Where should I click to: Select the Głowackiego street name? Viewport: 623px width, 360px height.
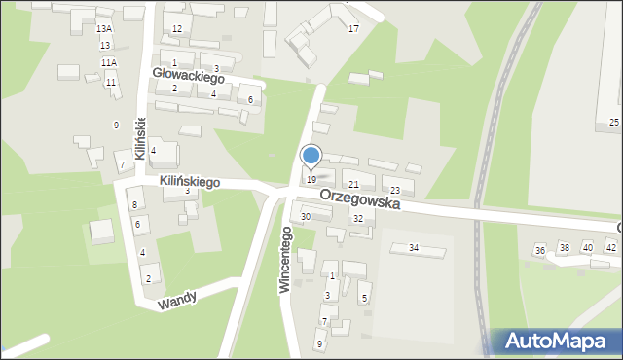pos(189,76)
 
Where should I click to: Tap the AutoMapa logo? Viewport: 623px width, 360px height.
pos(557,341)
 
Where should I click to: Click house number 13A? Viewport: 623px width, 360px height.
pos(104,29)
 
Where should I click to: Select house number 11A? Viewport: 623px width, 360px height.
pos(108,62)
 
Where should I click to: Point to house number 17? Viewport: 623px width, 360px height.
pos(353,29)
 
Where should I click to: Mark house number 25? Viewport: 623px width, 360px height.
pos(613,122)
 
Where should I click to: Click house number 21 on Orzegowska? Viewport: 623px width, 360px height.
pos(354,184)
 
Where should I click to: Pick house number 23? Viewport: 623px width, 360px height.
pos(394,190)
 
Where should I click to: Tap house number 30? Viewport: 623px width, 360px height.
pos(306,216)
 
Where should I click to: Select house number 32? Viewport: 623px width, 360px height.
pos(358,219)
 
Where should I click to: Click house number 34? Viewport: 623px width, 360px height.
pos(413,248)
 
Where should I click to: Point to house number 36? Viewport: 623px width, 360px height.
pos(539,250)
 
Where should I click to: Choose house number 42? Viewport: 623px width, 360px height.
pos(610,248)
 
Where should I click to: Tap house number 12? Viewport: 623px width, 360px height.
pos(176,29)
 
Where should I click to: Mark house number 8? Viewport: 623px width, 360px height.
pos(135,204)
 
